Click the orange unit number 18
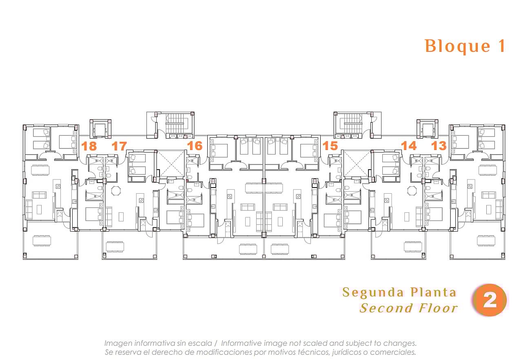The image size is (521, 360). [89, 146]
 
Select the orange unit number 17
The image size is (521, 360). [119, 146]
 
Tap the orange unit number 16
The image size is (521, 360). [195, 146]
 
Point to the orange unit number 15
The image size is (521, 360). [330, 146]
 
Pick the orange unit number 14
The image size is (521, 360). [409, 146]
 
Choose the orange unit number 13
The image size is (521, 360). [439, 146]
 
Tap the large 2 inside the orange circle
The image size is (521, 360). [490, 300]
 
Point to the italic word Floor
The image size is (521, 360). [438, 308]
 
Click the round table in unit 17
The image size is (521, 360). [116, 190]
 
